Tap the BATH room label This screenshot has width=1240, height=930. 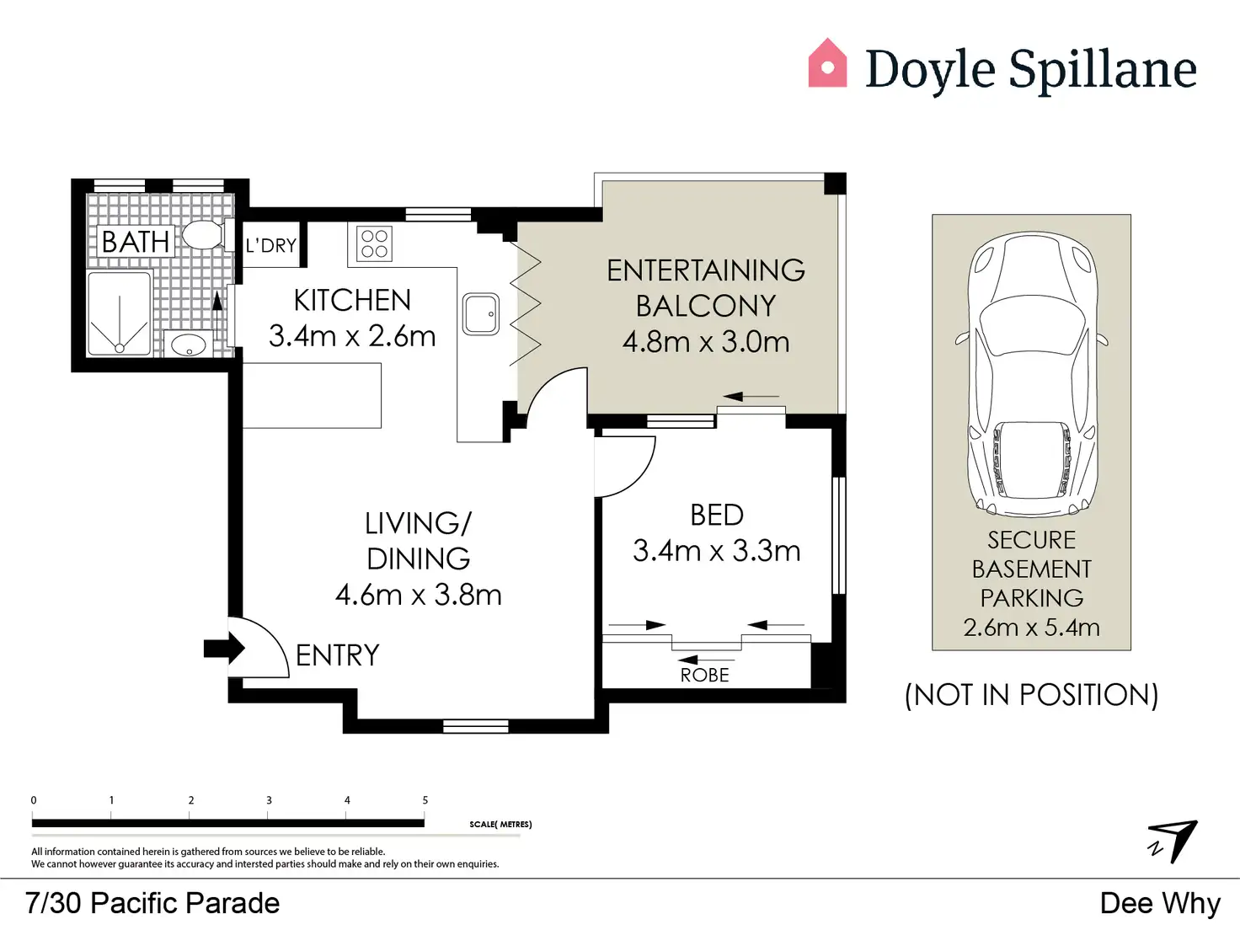pyautogui.click(x=136, y=242)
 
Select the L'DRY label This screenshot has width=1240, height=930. pyautogui.click(x=271, y=246)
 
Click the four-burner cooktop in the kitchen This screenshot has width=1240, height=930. pyautogui.click(x=374, y=244)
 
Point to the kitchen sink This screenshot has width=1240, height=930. pyautogui.click(x=481, y=314)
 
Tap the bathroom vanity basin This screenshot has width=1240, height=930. pyautogui.click(x=189, y=344)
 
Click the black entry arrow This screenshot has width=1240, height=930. pyautogui.click(x=224, y=649)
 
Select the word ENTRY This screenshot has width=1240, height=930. pyautogui.click(x=337, y=655)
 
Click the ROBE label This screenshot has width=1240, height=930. pyautogui.click(x=704, y=675)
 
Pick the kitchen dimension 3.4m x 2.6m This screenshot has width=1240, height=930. pyautogui.click(x=352, y=336)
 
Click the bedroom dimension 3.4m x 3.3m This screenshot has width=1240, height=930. pyautogui.click(x=716, y=551)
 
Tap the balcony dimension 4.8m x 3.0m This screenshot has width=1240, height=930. pyautogui.click(x=706, y=342)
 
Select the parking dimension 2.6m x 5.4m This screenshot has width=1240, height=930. pyautogui.click(x=1032, y=628)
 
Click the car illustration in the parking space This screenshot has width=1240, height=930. pyautogui.click(x=1032, y=374)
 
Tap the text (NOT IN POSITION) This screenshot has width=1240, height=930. pyautogui.click(x=1032, y=694)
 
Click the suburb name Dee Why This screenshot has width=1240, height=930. pyautogui.click(x=1160, y=903)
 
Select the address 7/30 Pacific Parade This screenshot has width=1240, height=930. pyautogui.click(x=152, y=903)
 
